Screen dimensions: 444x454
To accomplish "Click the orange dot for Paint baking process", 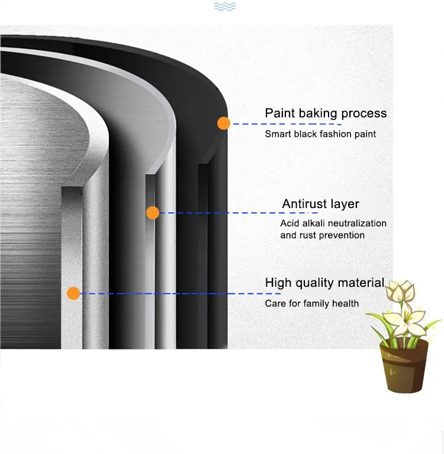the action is click(x=223, y=123).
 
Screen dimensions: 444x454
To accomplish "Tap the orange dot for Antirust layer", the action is click(x=153, y=212).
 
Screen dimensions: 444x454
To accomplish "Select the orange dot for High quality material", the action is click(x=73, y=293).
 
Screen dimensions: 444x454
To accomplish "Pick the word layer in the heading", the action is click(x=346, y=204).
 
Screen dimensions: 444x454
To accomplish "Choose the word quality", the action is click(x=315, y=284).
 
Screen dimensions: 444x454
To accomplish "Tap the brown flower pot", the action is click(x=404, y=366).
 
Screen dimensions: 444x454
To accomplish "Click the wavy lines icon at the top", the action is click(x=224, y=7).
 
